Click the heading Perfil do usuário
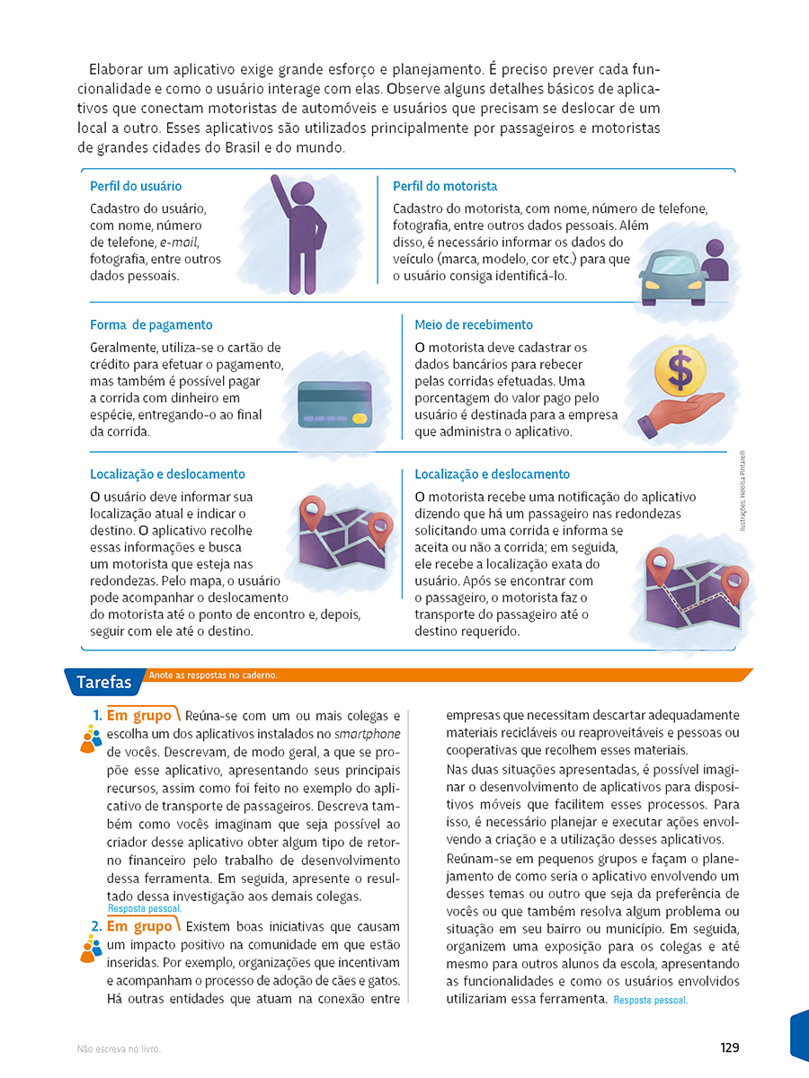click(136, 186)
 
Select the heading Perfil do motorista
click(445, 186)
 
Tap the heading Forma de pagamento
click(151, 324)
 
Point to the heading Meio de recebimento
click(474, 324)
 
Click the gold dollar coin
click(680, 369)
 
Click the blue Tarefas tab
click(103, 682)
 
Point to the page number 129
click(729, 1047)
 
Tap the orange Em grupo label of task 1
click(139, 716)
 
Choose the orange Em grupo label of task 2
click(139, 926)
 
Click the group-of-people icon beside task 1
click(91, 738)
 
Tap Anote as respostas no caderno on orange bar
click(213, 675)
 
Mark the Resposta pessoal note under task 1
click(144, 908)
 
